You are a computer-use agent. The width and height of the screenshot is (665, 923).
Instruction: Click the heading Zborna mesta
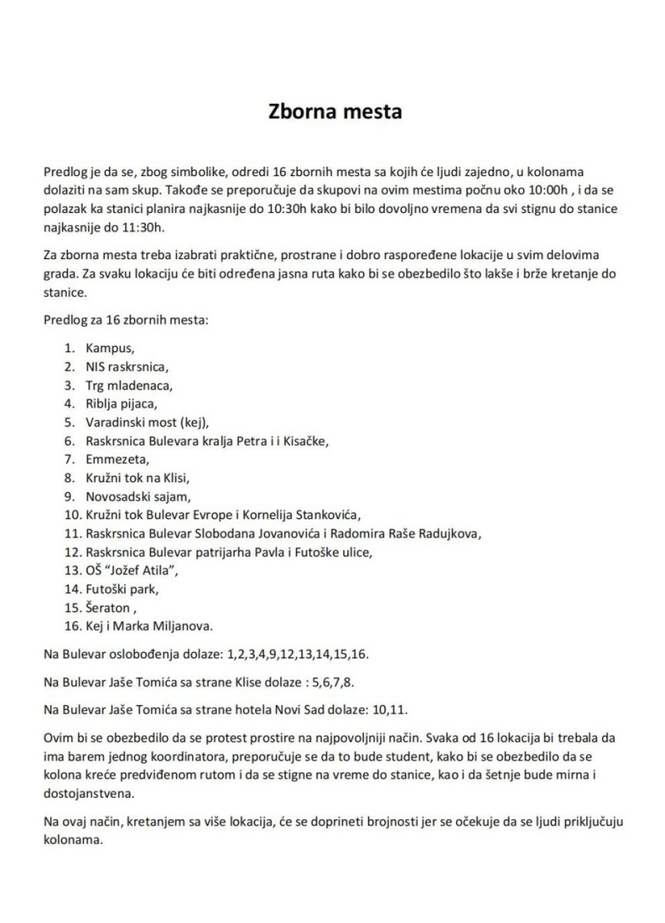tap(335, 111)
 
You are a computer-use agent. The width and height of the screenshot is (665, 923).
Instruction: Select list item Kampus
tap(109, 348)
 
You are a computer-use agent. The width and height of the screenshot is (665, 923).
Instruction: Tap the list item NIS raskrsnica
tap(127, 366)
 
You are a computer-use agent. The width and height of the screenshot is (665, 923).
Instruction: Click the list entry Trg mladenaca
tap(129, 385)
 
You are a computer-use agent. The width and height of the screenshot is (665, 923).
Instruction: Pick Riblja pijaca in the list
tap(121, 403)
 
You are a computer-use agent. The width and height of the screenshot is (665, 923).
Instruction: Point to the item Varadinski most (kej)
tap(147, 422)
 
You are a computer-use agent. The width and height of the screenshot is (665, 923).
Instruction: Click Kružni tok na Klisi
tap(137, 478)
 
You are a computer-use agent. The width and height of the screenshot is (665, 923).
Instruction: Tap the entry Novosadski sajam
tap(138, 497)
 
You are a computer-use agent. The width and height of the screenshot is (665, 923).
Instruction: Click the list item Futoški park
tap(122, 589)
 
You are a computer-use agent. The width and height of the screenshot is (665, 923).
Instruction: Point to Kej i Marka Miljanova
tap(149, 626)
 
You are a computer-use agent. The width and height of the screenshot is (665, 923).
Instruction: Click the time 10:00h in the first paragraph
tap(546, 190)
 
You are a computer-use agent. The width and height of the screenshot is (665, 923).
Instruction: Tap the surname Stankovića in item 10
tap(327, 515)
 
